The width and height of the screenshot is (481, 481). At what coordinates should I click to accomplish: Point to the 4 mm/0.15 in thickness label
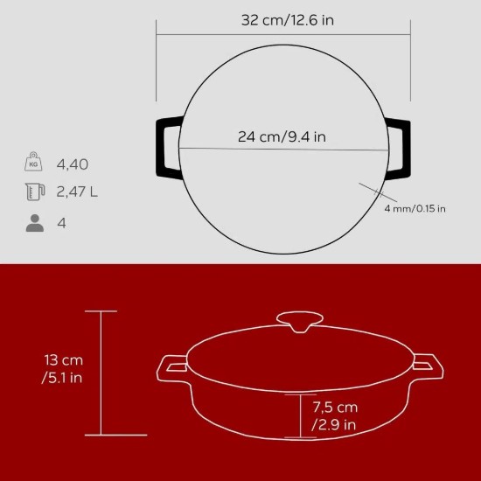point(414,208)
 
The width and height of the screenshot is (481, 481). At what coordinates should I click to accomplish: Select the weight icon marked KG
point(34,164)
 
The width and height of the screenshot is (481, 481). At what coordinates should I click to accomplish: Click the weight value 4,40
point(73,164)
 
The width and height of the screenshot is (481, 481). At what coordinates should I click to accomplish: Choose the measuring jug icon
point(34,192)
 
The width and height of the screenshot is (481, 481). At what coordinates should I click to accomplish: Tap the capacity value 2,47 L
point(77,192)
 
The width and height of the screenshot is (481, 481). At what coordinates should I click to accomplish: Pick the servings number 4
point(61,222)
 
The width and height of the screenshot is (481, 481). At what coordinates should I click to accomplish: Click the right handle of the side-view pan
point(428,366)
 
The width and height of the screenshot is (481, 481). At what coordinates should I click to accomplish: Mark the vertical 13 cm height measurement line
point(101,372)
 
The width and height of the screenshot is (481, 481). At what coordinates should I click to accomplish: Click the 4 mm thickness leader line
point(371,195)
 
